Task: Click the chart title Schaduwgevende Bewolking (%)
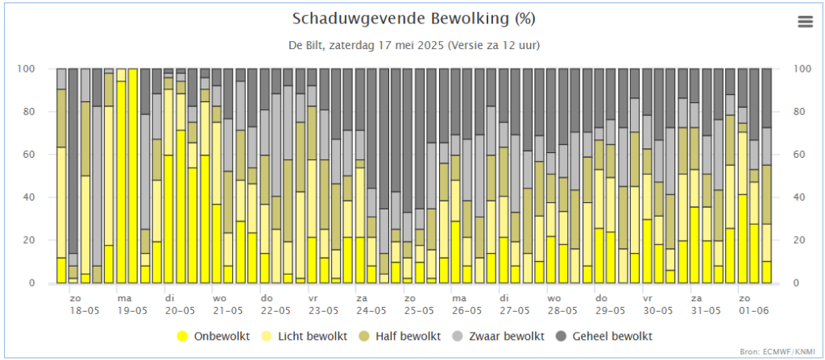[413, 19]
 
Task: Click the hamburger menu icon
[805, 22]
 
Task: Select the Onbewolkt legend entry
[220, 336]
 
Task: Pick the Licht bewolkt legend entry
[317, 336]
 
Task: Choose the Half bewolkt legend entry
[417, 336]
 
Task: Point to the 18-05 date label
[84, 310]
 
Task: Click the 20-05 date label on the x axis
[180, 310]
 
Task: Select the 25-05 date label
[419, 310]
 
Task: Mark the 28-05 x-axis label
[562, 310]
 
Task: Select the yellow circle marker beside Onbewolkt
[181, 336]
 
